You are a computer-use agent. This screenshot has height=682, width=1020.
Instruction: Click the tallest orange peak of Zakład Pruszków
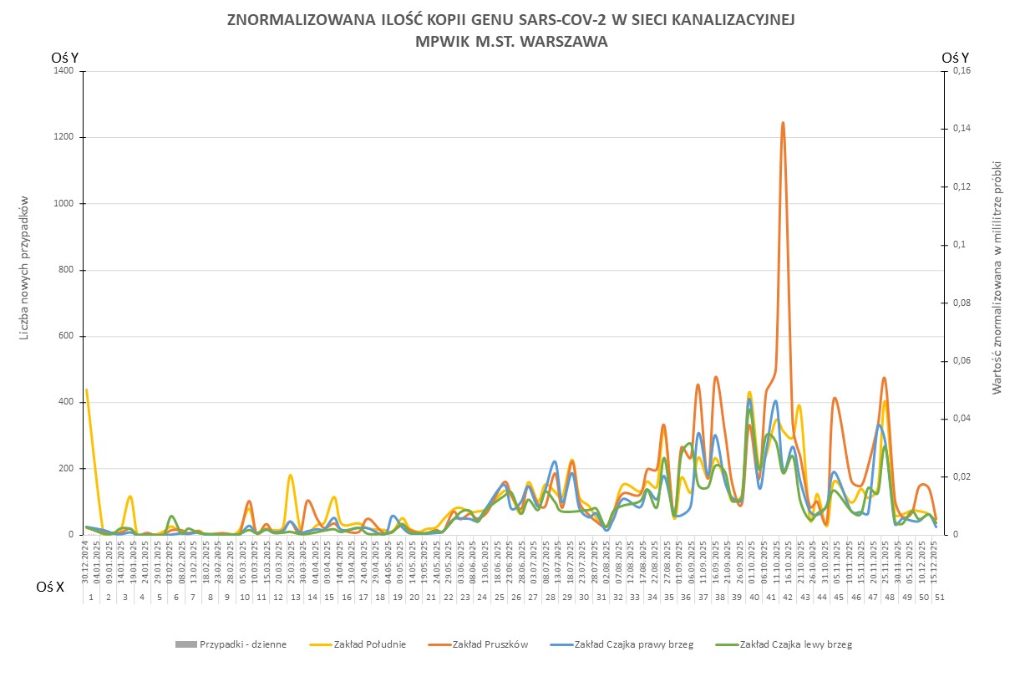click(x=783, y=124)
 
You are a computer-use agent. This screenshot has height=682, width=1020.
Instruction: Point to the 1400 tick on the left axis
click(x=63, y=71)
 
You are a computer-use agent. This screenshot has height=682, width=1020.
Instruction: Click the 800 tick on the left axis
click(x=66, y=270)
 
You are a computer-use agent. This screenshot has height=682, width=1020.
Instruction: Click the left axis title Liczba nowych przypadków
click(x=26, y=269)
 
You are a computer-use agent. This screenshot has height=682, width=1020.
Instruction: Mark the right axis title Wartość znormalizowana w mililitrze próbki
click(x=997, y=277)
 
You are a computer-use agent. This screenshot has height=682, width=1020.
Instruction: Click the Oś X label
click(x=50, y=588)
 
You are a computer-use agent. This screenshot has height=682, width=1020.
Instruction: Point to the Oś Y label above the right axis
click(x=955, y=58)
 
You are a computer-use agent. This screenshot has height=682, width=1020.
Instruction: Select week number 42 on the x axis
click(x=787, y=598)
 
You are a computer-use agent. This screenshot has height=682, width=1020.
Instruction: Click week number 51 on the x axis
click(x=940, y=598)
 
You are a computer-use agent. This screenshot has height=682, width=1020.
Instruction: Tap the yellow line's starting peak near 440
click(x=86, y=390)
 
